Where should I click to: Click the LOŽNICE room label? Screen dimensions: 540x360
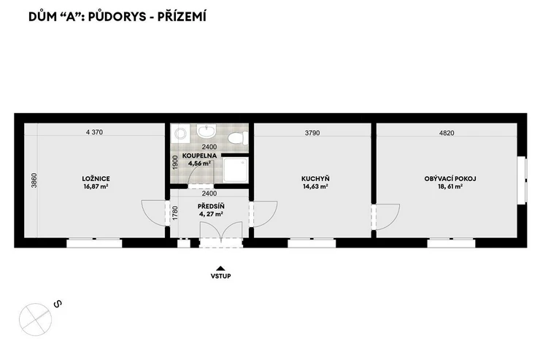(x=96, y=178)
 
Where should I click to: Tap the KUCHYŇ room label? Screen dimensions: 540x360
(x=315, y=178)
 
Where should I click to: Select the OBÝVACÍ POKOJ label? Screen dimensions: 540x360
(x=450, y=178)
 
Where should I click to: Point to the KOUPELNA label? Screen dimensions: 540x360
(x=199, y=156)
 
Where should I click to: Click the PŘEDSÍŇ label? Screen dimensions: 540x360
(x=211, y=206)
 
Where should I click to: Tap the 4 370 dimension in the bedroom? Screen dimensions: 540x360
(x=94, y=132)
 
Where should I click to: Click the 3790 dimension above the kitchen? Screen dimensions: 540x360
(x=312, y=133)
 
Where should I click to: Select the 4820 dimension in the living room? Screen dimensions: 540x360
(x=447, y=133)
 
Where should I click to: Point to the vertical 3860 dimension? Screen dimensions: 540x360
(x=34, y=180)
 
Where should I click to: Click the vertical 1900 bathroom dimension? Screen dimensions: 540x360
(x=175, y=162)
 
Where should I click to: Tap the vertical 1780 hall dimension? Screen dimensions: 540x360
(x=175, y=213)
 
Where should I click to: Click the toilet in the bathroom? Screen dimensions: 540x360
(x=237, y=138)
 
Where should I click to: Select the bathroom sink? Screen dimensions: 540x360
(x=207, y=131)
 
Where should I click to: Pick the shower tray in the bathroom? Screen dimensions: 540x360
(x=236, y=169)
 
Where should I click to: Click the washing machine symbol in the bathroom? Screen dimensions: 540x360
(x=180, y=133)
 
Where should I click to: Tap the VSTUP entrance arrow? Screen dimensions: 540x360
(x=220, y=269)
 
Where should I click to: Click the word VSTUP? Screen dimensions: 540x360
(x=221, y=276)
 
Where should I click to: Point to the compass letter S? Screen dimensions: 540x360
(x=58, y=304)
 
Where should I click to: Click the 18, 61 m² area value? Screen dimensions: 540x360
(x=450, y=186)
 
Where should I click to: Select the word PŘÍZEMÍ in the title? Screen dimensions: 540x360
(x=182, y=17)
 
